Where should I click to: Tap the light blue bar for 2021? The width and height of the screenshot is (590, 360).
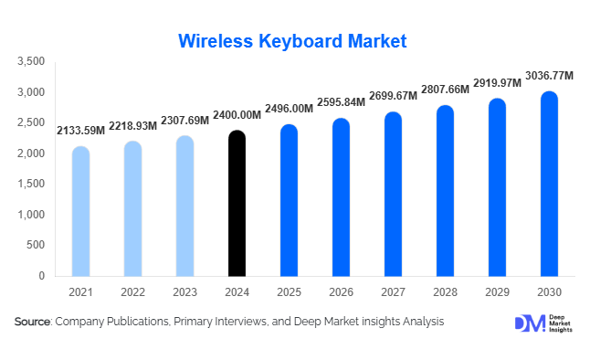click(x=80, y=211)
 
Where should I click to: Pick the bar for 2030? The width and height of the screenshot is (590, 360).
click(x=549, y=184)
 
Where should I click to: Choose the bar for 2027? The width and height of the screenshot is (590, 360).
click(x=393, y=194)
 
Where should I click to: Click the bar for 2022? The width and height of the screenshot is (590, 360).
click(x=132, y=208)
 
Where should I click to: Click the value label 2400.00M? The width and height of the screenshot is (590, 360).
click(x=237, y=115)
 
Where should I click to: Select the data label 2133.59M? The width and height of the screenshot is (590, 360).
click(x=80, y=131)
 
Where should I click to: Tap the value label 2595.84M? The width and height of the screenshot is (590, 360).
click(x=341, y=102)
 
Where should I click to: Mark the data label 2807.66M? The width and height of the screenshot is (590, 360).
click(x=445, y=90)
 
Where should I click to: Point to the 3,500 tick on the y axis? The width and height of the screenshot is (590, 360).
click(x=31, y=61)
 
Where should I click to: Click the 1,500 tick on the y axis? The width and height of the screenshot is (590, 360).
click(x=31, y=184)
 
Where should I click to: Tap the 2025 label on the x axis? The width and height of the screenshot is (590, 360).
click(x=289, y=291)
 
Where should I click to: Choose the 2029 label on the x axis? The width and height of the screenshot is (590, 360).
click(x=497, y=291)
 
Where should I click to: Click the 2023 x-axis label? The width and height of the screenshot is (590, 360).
click(x=184, y=291)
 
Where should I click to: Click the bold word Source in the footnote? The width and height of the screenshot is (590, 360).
click(x=33, y=322)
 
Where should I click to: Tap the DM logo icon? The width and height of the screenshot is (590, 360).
click(x=529, y=323)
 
